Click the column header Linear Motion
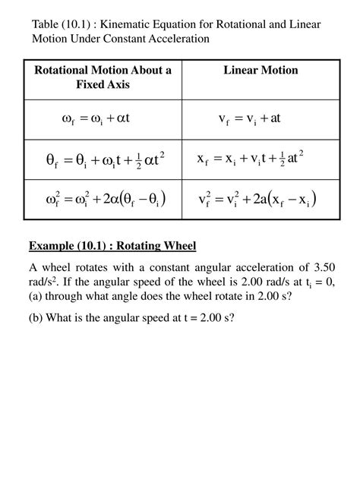(x=261, y=71)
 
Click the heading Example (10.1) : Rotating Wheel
(x=112, y=245)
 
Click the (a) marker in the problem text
(x=37, y=297)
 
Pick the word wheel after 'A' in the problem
(x=59, y=268)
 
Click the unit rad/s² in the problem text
(x=43, y=282)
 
